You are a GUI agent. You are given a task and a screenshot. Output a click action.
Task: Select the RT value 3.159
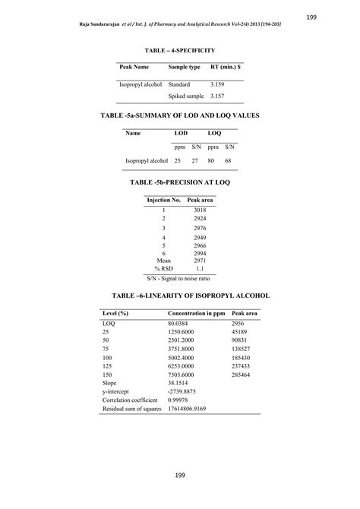click(x=219, y=84)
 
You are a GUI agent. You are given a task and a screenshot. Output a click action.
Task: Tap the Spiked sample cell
click(x=185, y=96)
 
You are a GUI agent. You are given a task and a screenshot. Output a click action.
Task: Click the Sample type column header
click(x=185, y=67)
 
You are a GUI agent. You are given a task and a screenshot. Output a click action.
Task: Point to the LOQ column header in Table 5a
click(x=216, y=133)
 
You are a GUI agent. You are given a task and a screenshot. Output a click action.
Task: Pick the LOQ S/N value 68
click(x=231, y=161)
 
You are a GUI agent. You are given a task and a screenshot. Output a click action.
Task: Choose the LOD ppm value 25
click(x=178, y=161)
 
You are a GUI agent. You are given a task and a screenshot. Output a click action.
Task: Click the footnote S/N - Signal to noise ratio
click(x=180, y=279)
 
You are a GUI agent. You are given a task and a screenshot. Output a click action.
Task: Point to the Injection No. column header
click(x=163, y=200)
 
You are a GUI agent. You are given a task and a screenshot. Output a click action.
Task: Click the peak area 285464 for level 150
click(x=244, y=375)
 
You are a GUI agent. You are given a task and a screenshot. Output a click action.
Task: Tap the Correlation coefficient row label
click(x=130, y=400)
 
